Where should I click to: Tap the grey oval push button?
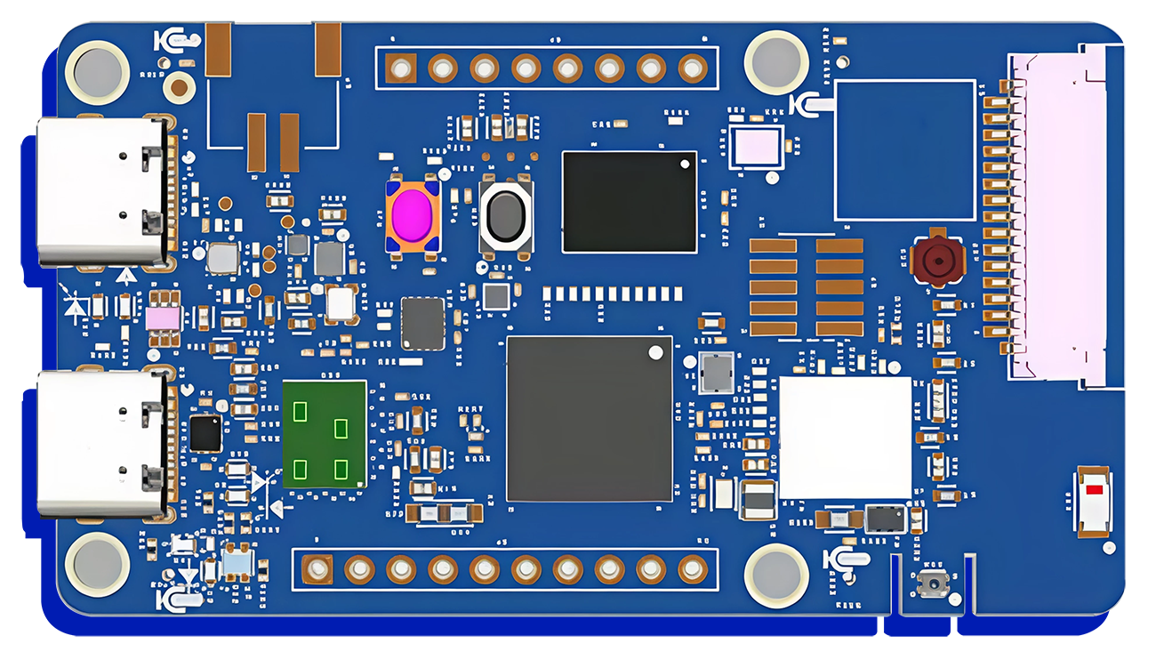tap(506, 215)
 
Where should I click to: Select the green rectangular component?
tap(325, 434)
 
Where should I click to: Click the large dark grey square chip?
tap(590, 418)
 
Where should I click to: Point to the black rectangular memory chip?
tap(630, 201)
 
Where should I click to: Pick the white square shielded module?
tap(845, 437)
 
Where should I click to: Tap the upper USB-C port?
tap(102, 191)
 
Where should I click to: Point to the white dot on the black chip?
tap(685, 164)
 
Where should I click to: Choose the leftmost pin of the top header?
tap(402, 68)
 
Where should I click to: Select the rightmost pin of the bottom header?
tap(693, 568)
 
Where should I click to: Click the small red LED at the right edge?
tap(1094, 490)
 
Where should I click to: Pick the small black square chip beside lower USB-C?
tap(206, 433)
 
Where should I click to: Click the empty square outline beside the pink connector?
tap(905, 150)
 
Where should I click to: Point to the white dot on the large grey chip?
tap(655, 352)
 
